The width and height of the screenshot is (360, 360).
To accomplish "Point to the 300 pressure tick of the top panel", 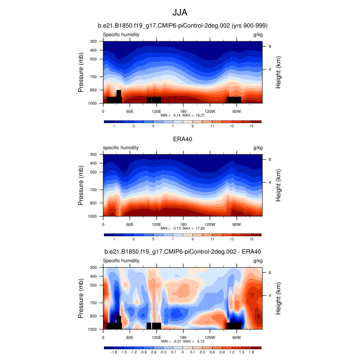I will [x=94, y=41].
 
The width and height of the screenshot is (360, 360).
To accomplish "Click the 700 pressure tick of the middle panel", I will [x=94, y=190].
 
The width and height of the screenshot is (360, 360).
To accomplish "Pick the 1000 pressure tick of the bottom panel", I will [x=93, y=329].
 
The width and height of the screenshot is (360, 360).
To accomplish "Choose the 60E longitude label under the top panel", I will [x=130, y=111].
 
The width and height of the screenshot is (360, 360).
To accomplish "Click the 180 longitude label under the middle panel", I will [x=183, y=224].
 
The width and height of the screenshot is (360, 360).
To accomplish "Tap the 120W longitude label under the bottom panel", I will [x=210, y=337].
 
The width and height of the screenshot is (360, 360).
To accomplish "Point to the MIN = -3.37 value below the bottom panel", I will [x=169, y=342].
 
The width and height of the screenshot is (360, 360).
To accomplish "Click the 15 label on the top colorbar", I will [x=252, y=126].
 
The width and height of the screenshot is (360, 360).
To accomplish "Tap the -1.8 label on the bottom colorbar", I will [x=114, y=352].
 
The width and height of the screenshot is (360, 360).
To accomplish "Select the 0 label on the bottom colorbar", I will [x=183, y=352].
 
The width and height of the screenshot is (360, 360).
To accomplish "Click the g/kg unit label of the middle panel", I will [x=258, y=148].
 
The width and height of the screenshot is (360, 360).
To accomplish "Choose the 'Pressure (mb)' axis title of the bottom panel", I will [x=81, y=298].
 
